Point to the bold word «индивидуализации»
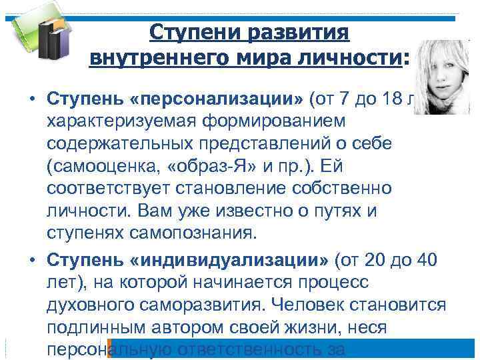233,259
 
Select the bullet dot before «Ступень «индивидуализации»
31,260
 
